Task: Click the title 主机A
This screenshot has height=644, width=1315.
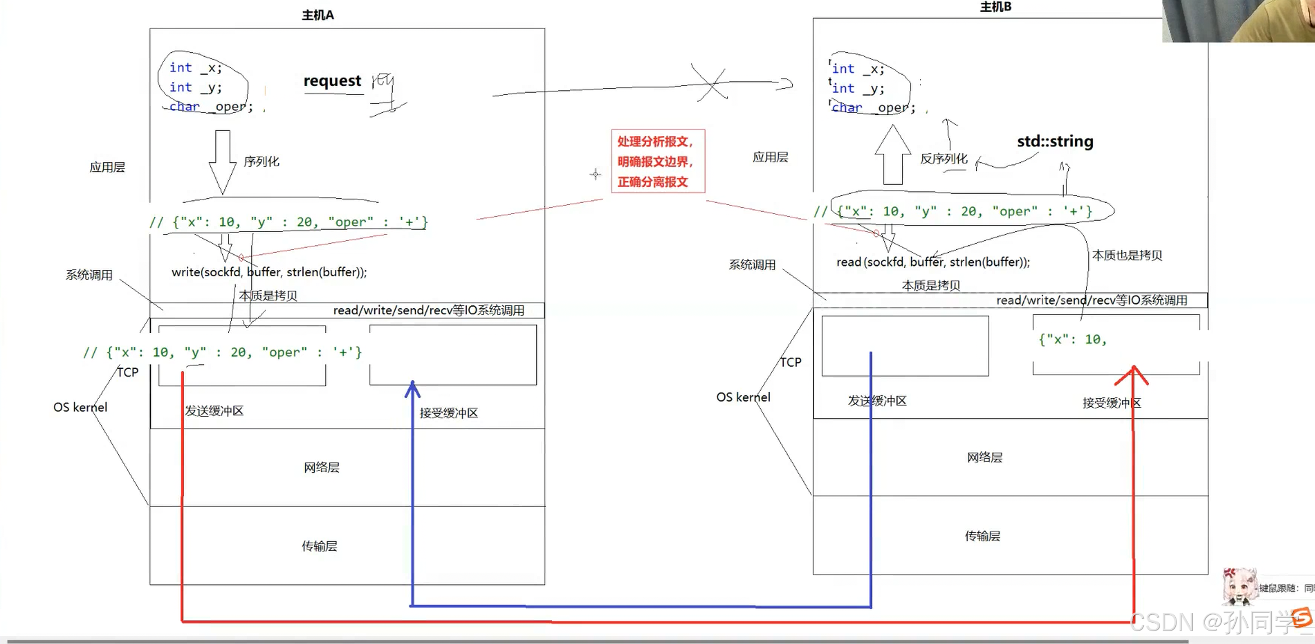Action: pos(318,15)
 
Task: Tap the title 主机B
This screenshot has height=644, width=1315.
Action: pos(995,7)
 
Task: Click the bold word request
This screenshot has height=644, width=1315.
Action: pos(332,81)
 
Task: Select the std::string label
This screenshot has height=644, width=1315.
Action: pos(1055,141)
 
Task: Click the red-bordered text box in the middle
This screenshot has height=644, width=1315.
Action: pos(657,161)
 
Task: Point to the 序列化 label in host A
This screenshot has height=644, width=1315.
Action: pos(261,162)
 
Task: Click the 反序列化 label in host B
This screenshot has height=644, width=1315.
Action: pos(944,158)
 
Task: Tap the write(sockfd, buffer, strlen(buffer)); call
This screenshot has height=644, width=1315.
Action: pos(269,272)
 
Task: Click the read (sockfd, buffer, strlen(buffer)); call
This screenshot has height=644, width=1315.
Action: pos(933,262)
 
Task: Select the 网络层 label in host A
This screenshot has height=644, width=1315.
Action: pos(321,467)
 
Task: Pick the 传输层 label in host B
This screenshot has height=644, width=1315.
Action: pos(982,536)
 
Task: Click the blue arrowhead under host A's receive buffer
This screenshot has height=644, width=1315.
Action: pos(412,389)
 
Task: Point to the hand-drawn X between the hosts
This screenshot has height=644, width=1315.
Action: pos(711,83)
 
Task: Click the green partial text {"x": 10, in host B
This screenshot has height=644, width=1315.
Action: pos(1072,339)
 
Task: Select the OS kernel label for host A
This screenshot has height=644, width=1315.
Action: pos(80,407)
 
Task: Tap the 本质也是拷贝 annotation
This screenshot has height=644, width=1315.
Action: pos(1127,255)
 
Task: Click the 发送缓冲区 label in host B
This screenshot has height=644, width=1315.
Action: pos(877,400)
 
